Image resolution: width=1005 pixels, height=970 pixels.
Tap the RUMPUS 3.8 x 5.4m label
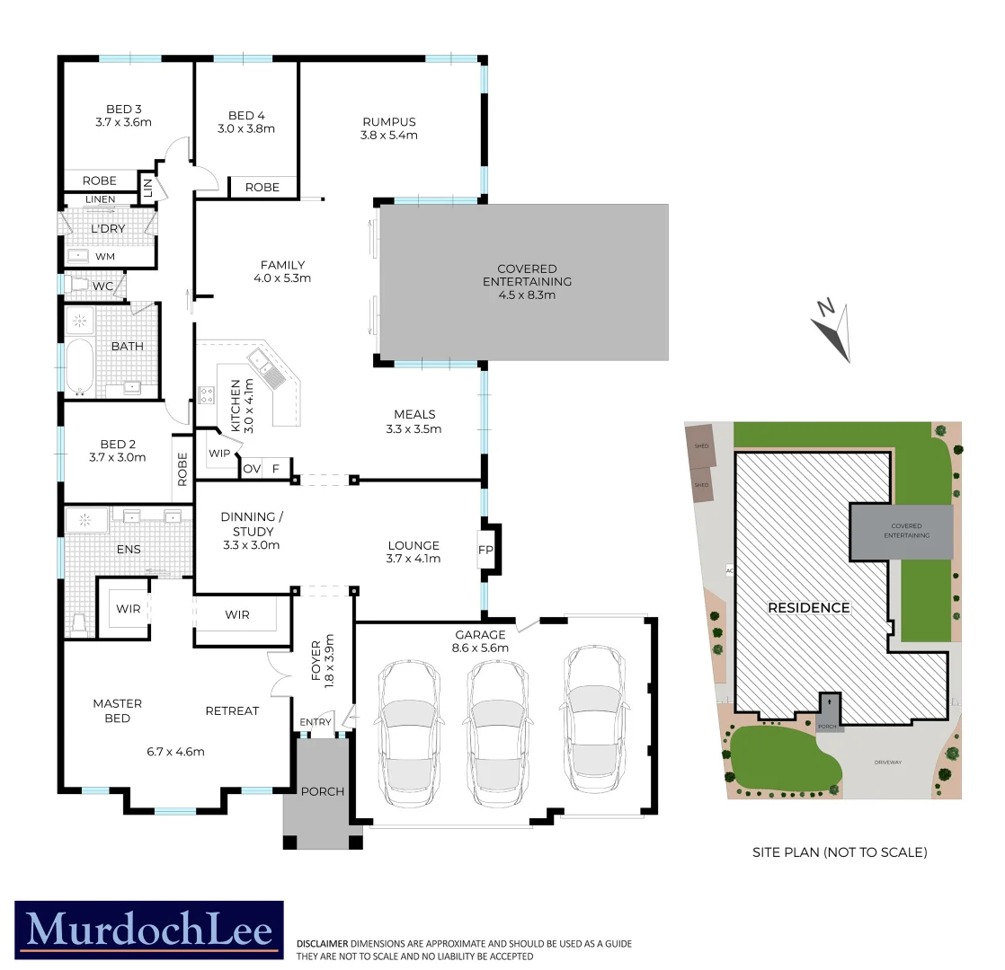(x=389, y=128)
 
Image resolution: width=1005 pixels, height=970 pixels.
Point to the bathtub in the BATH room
(x=80, y=366)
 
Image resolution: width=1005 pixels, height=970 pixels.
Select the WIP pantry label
(x=218, y=452)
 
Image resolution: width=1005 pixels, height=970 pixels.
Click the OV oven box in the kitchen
(x=251, y=469)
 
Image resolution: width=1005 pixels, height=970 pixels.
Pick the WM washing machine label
(x=104, y=257)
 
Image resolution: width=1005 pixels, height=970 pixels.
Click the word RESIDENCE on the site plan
(x=808, y=608)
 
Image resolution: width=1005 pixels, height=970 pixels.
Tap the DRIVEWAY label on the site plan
(x=887, y=762)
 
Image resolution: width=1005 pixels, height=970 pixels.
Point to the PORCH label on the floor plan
(x=322, y=791)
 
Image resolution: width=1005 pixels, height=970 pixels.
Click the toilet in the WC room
(x=78, y=286)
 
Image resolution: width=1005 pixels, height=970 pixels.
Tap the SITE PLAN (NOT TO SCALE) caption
(x=839, y=852)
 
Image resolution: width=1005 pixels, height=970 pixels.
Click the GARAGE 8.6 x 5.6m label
(x=482, y=641)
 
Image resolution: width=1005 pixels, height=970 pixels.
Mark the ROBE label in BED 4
(x=262, y=188)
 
